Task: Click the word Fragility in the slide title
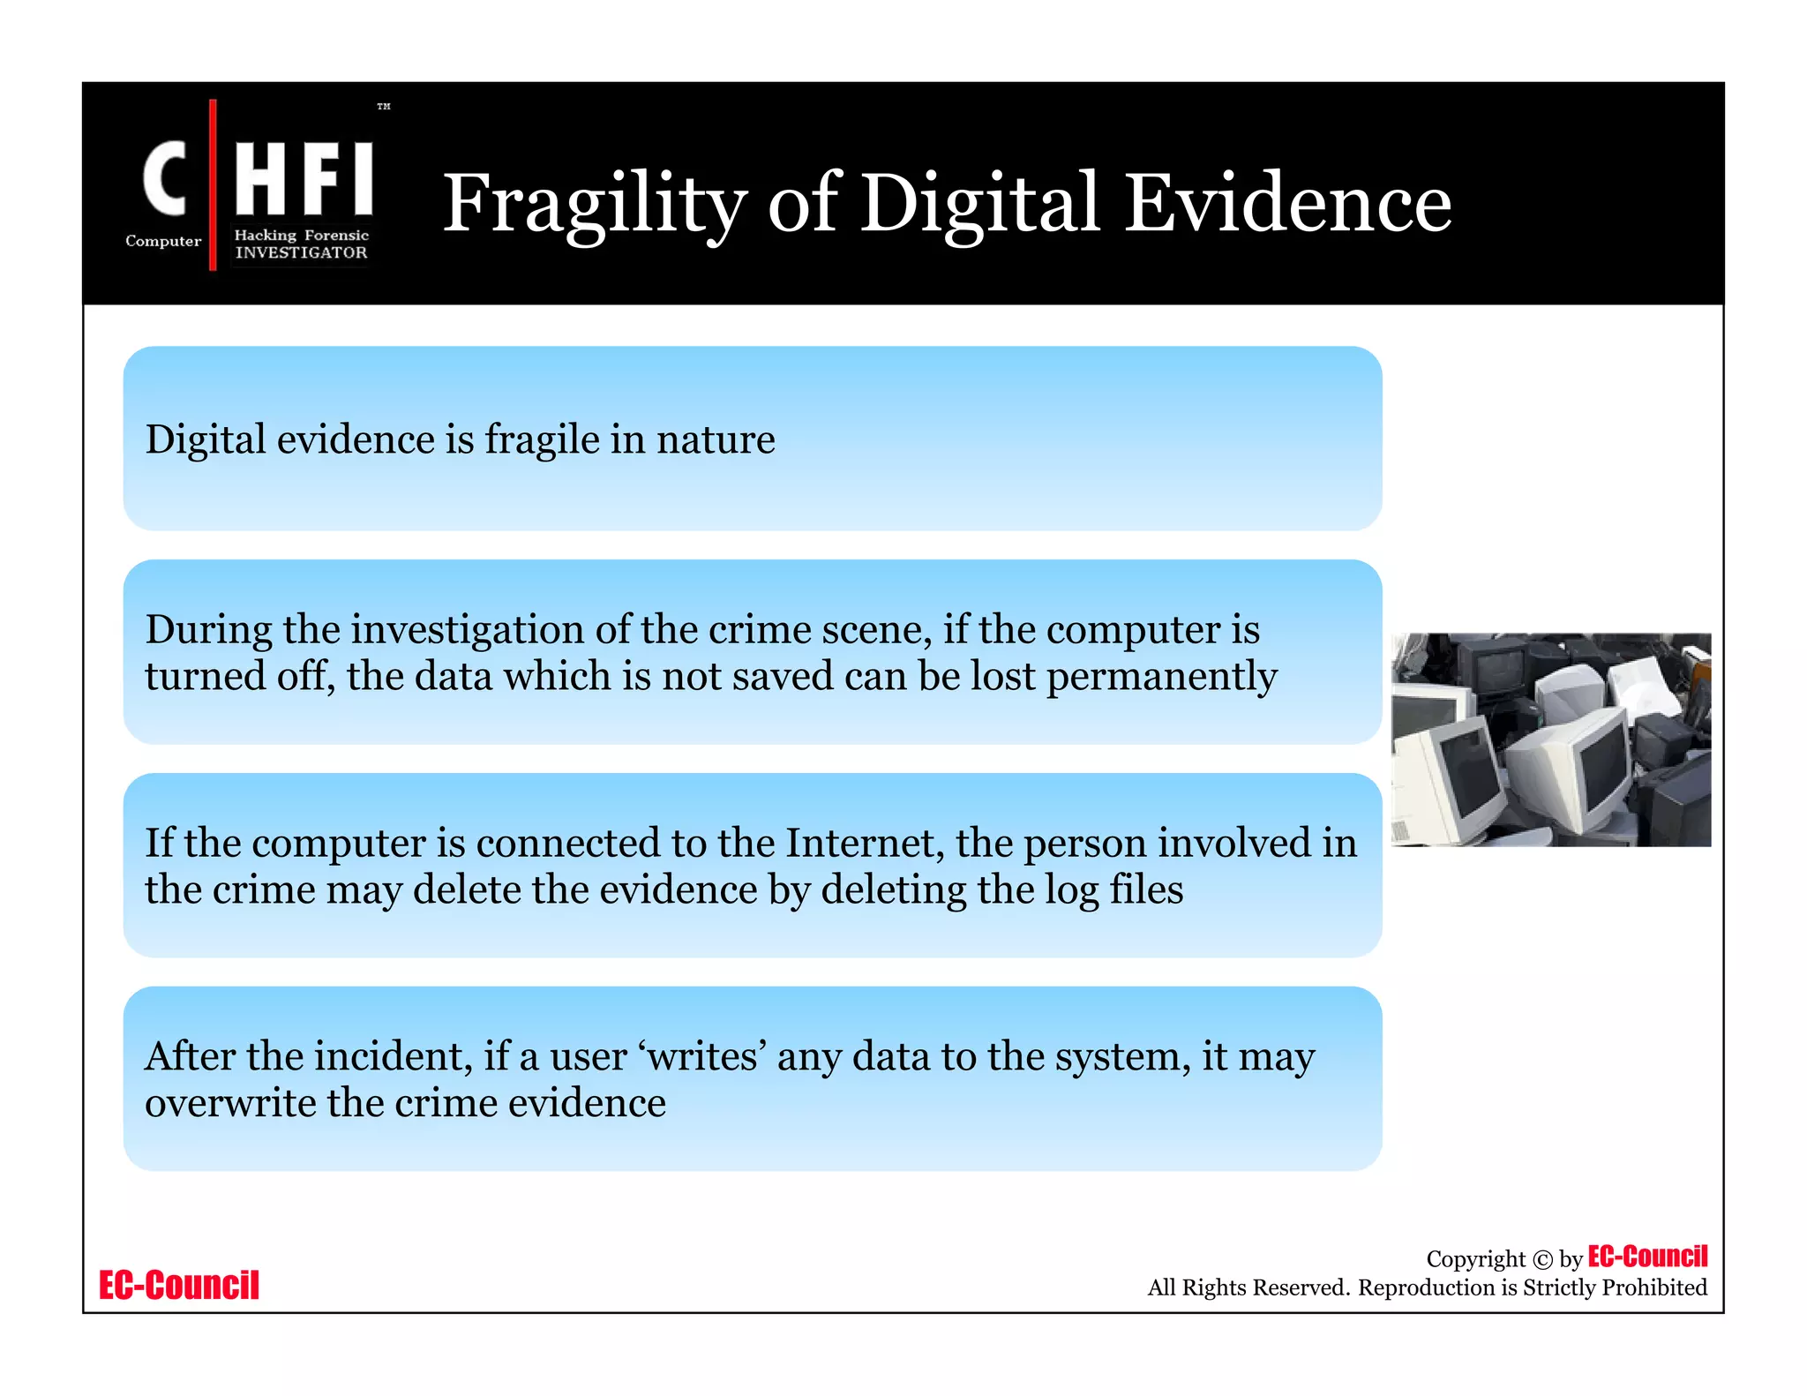[x=594, y=205]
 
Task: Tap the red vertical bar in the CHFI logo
[x=213, y=184]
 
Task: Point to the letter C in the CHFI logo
[x=165, y=179]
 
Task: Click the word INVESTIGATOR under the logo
[x=301, y=252]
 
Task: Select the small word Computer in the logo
[x=163, y=241]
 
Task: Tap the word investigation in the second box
[x=467, y=629]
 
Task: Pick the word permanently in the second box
[x=1161, y=677]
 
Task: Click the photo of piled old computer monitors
[x=1550, y=739]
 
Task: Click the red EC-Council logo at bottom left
[x=179, y=1285]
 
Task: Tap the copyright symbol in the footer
[x=1541, y=1259]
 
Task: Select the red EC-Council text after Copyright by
[x=1647, y=1257]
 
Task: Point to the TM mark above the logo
[x=384, y=107]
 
